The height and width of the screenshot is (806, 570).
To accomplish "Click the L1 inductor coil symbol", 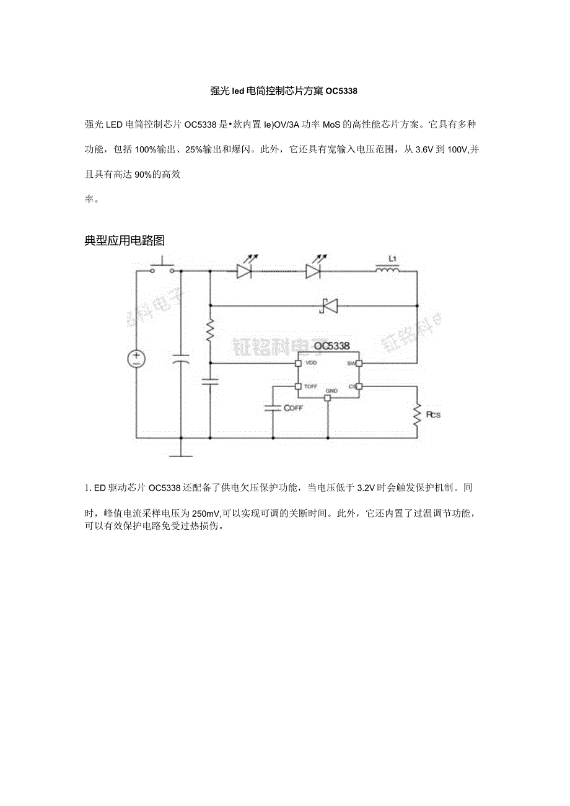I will [388, 269].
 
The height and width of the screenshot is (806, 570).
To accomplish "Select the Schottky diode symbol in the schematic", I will [327, 305].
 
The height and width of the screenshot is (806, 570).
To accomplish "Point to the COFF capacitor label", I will [293, 408].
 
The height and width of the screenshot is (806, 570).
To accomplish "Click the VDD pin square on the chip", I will [298, 362].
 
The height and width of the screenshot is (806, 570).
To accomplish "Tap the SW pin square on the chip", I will [358, 362].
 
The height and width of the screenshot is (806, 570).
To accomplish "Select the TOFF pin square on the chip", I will [298, 387].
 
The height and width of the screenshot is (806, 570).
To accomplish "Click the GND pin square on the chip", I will [328, 397].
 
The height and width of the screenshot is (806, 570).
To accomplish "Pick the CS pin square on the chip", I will [358, 387].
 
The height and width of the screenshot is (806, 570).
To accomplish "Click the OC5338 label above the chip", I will [331, 346].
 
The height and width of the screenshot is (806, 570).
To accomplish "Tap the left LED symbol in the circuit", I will [243, 270].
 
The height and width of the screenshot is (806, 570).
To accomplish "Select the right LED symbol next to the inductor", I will [313, 270].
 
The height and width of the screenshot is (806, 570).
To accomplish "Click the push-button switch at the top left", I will [164, 266].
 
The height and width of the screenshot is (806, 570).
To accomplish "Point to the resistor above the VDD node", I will [210, 329].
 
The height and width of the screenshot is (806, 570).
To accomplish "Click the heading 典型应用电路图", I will [125, 240].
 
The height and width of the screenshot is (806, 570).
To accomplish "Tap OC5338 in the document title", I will [341, 91].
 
